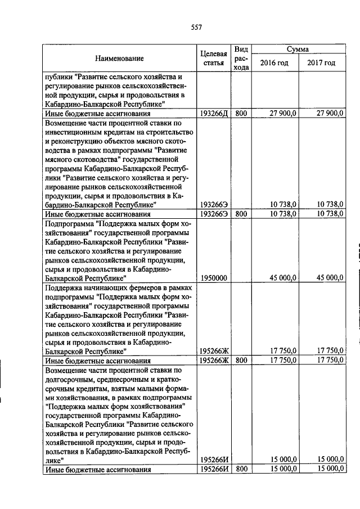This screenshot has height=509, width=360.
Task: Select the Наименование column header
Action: tap(119, 58)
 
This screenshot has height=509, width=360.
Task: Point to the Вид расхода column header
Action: tap(241, 58)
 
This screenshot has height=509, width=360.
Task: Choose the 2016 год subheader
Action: tap(274, 63)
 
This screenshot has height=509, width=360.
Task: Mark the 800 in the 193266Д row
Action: tap(241, 114)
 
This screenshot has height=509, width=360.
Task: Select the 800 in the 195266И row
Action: tap(241, 469)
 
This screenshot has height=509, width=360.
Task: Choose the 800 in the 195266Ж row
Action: tap(241, 360)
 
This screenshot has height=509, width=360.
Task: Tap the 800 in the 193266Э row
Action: tap(241, 214)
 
